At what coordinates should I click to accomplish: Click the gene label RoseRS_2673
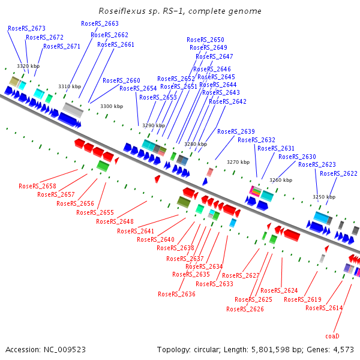(26, 28)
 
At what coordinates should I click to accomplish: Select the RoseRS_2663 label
(100, 23)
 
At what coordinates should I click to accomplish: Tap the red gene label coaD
(332, 336)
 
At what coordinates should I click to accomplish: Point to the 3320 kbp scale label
(28, 66)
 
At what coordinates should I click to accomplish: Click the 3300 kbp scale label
(112, 106)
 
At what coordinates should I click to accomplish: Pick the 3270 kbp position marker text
(238, 162)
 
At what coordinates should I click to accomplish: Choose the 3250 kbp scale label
(324, 197)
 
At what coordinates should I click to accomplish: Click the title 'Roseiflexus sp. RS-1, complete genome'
(180, 11)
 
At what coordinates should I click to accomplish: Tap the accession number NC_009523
(65, 350)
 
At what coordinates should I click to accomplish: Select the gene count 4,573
(343, 350)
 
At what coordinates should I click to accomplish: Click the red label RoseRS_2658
(37, 186)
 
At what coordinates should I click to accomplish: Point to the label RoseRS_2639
(236, 131)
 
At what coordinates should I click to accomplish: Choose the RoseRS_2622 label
(338, 173)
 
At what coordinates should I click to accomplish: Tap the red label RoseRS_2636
(176, 294)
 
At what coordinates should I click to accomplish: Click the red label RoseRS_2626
(245, 309)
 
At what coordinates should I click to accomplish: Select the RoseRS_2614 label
(324, 308)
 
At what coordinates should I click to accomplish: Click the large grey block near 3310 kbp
(73, 110)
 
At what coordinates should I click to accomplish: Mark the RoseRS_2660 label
(121, 80)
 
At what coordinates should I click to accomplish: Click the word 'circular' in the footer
(207, 350)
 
